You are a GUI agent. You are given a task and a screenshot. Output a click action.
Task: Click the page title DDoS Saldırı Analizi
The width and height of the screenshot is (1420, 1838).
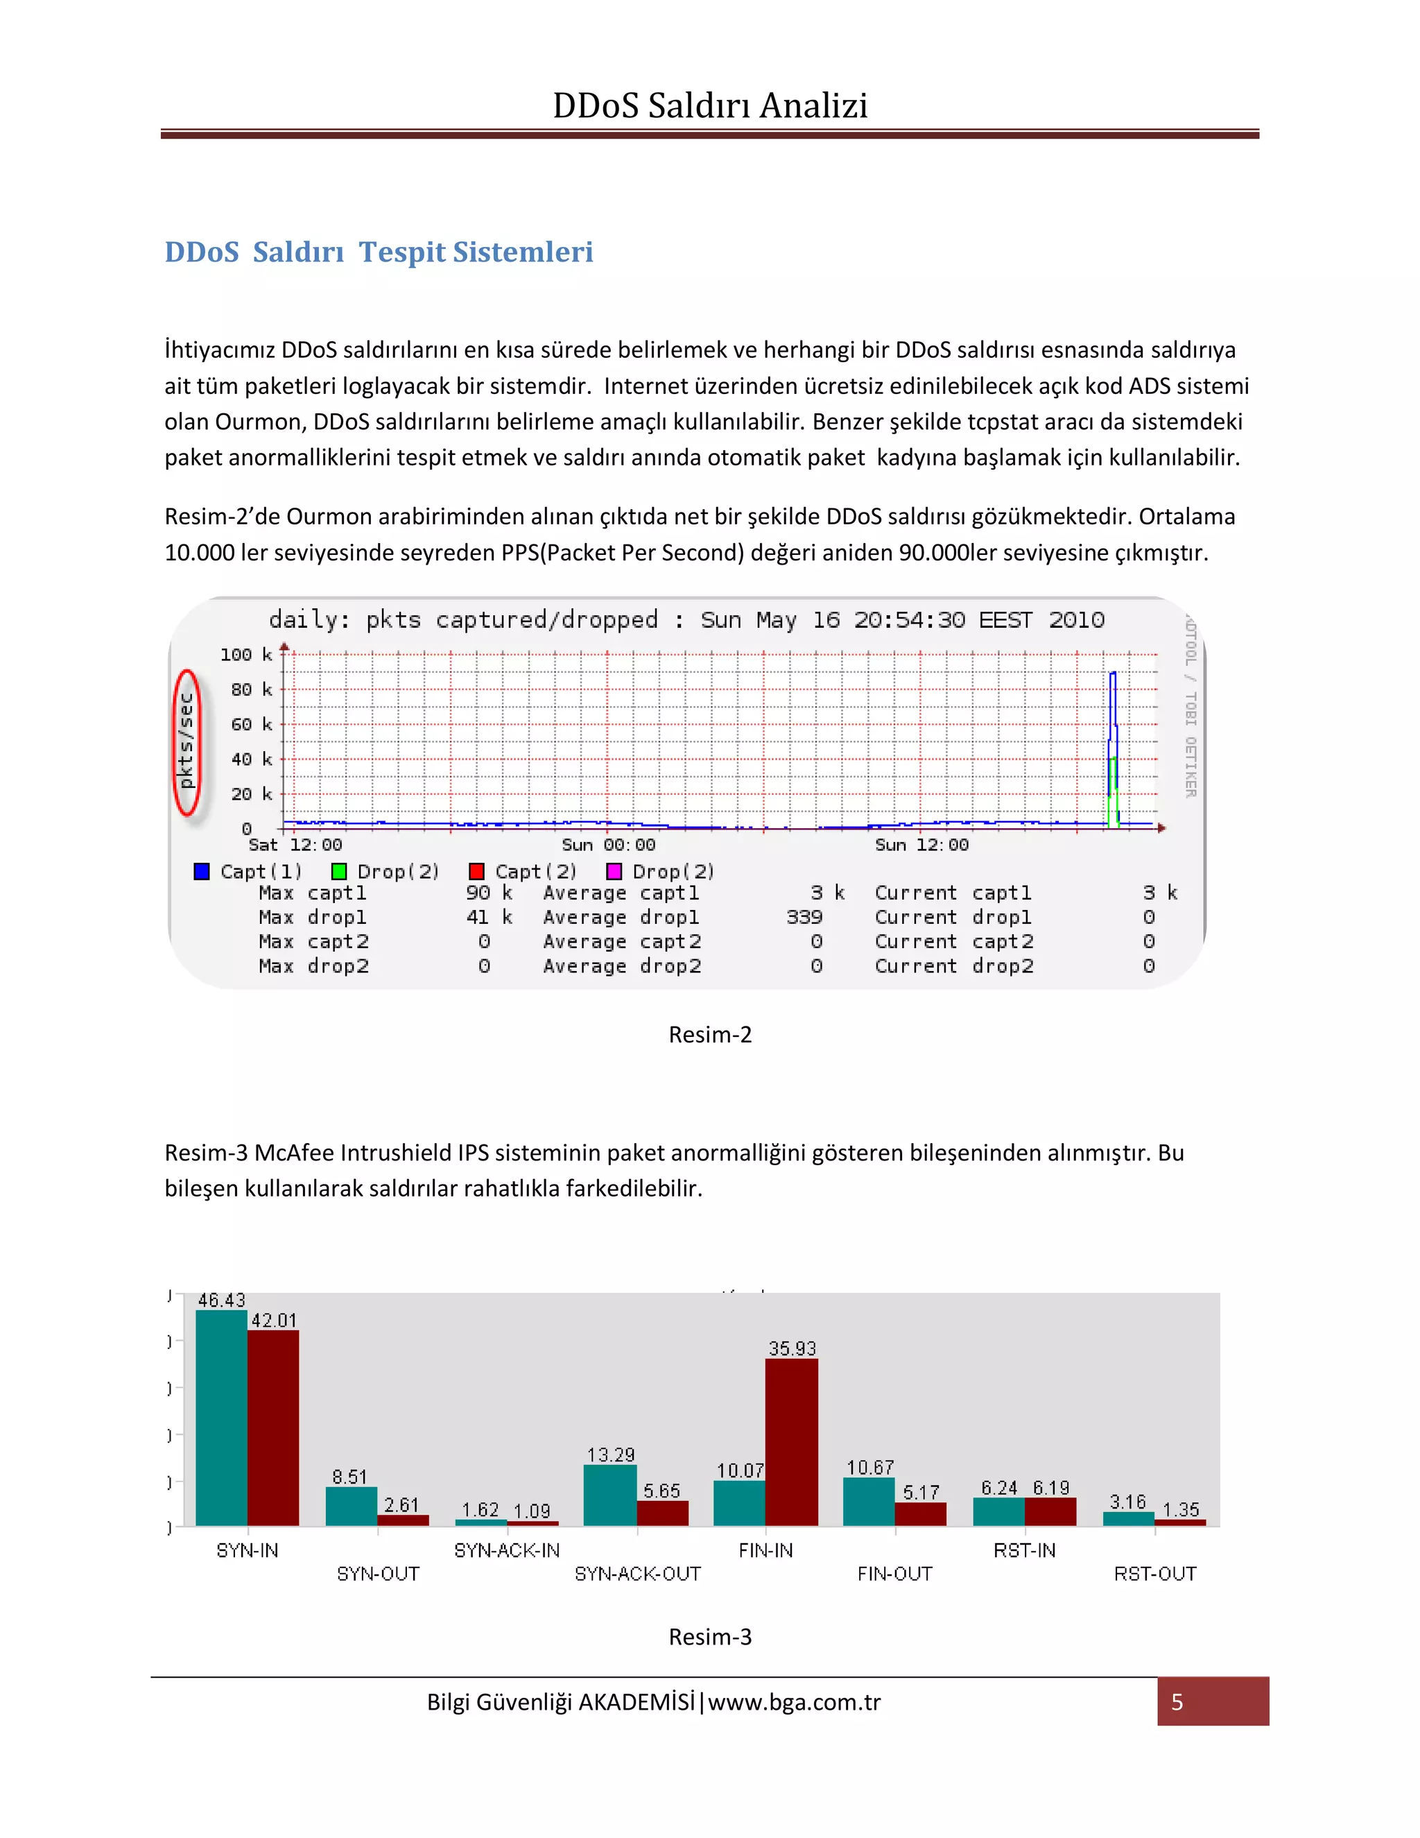point(709,106)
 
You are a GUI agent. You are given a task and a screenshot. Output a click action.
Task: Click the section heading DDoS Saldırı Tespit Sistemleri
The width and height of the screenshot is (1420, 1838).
point(379,252)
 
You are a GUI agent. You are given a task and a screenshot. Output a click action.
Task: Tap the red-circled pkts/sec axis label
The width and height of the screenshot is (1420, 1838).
point(187,741)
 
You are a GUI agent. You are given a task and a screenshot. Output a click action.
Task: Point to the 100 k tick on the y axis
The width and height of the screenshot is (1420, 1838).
point(245,655)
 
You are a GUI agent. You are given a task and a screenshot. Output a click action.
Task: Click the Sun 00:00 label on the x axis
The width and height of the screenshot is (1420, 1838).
point(608,845)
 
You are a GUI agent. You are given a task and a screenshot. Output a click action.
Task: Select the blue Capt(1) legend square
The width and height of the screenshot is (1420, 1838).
point(202,871)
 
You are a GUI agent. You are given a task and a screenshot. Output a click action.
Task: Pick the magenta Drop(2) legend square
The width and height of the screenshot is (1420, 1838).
point(614,871)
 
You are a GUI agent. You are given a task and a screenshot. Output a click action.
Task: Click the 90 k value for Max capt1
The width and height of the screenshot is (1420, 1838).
point(489,893)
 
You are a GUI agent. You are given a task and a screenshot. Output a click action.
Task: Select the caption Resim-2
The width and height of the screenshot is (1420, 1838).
point(709,1034)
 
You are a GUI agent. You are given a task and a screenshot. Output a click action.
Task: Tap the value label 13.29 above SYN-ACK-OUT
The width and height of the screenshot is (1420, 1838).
point(611,1454)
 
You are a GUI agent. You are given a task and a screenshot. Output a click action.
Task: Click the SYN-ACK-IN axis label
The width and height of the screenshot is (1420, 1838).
point(506,1550)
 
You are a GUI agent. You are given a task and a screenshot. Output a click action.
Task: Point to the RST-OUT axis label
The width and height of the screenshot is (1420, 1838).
point(1154,1574)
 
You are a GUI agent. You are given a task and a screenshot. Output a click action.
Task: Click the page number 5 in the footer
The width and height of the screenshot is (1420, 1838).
point(1177,1701)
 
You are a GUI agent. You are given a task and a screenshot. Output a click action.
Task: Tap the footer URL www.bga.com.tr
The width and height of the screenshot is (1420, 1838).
point(793,1701)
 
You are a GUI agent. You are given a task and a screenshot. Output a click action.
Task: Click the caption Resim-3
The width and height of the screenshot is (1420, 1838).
point(709,1637)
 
